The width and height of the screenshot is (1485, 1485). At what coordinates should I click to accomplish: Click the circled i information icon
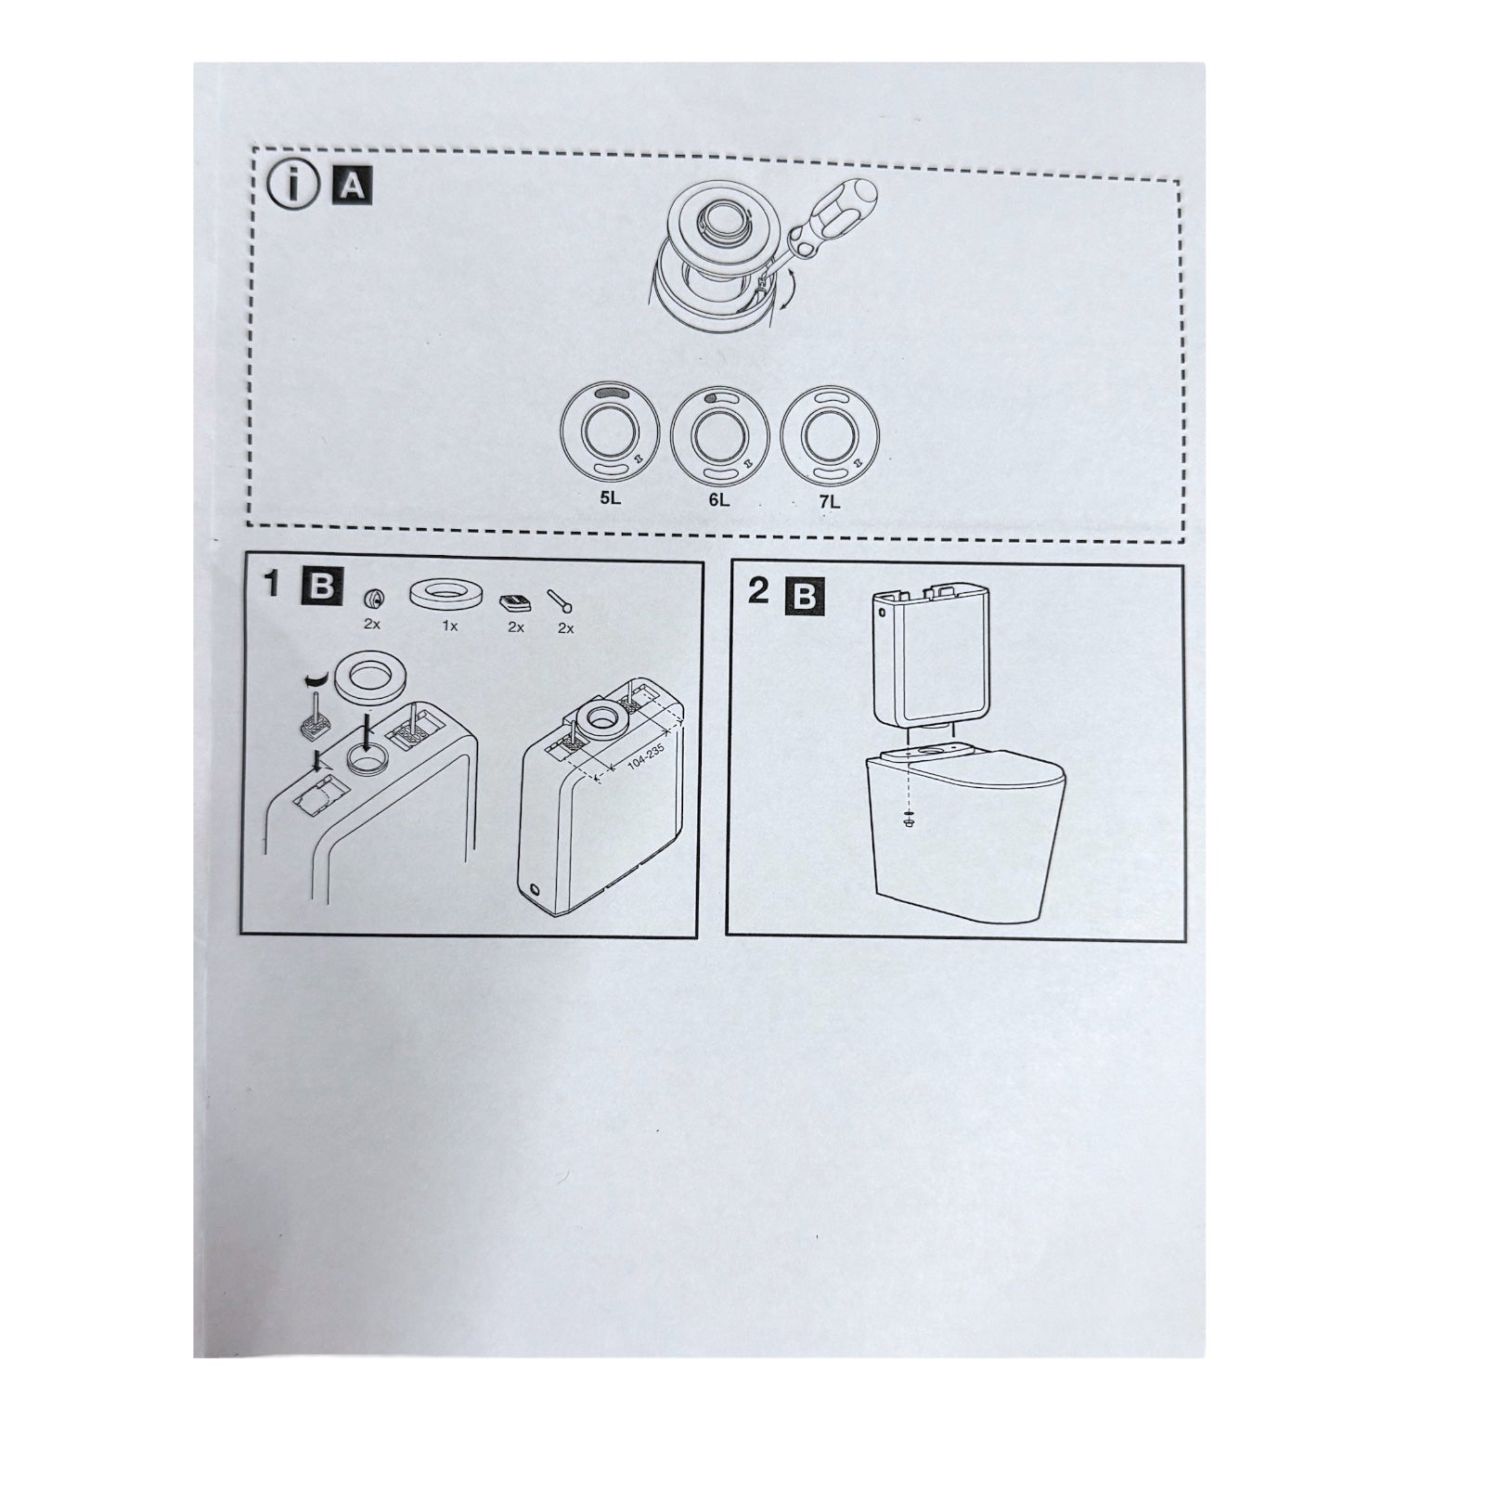291,187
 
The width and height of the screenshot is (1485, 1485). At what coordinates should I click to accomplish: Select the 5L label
611,497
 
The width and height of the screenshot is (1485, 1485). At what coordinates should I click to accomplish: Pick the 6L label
719,499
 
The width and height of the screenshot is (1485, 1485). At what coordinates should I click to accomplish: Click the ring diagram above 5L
610,434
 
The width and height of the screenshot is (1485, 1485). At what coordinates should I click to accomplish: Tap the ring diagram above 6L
718,435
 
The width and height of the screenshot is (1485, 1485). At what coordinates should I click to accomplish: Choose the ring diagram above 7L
829,436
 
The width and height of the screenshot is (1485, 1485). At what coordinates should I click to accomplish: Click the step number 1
271,585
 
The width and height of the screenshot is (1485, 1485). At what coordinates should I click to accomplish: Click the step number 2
758,590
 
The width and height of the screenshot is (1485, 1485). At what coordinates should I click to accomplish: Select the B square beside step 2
804,595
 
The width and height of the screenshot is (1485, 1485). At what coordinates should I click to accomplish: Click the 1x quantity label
450,626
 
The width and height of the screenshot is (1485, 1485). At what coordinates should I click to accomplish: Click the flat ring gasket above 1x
450,593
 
